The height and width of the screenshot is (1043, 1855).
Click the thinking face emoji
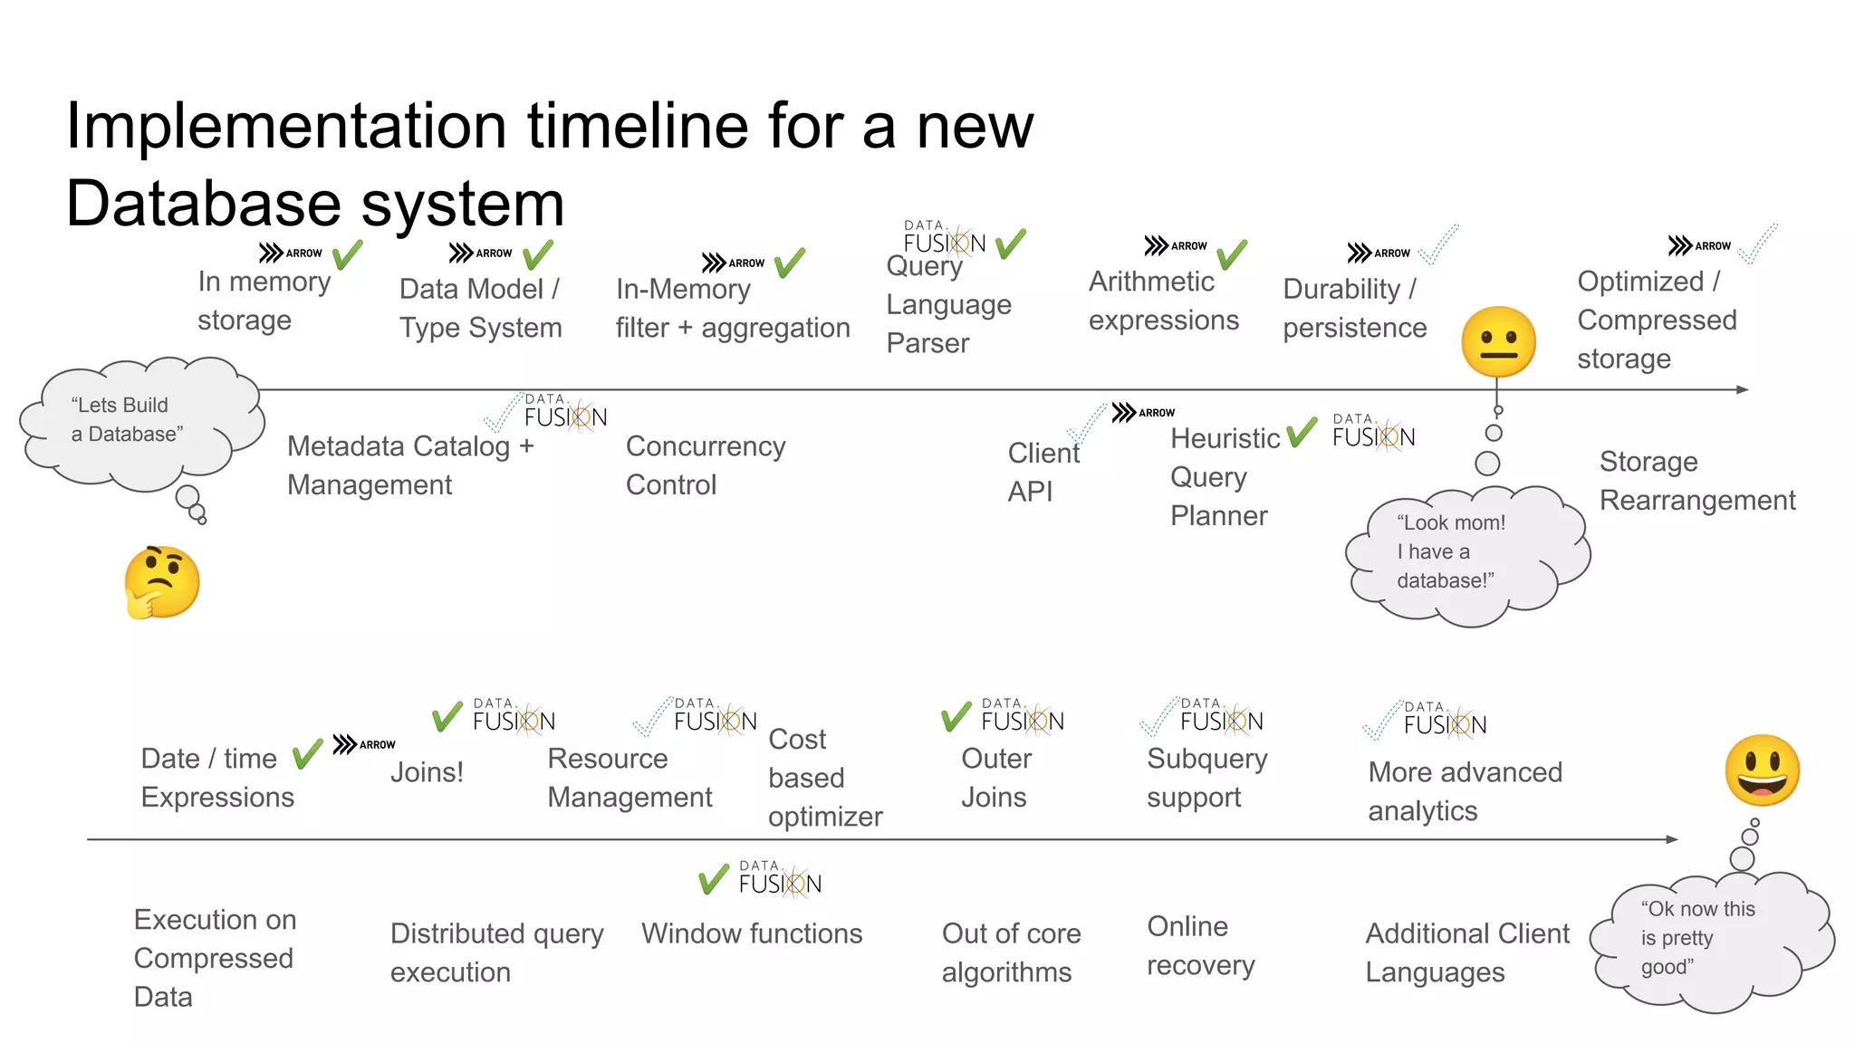click(161, 582)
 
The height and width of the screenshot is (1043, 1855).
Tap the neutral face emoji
click(1498, 342)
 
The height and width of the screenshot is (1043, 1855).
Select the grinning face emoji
click(1762, 770)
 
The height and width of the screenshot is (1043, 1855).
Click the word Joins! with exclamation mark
click(427, 772)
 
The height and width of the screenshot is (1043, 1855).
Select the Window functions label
click(752, 933)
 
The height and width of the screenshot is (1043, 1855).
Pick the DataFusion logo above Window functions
click(779, 879)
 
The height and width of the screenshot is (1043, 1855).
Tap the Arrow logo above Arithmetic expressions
click(1175, 245)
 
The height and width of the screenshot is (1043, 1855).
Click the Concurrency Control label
click(706, 465)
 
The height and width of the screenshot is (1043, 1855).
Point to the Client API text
click(1043, 472)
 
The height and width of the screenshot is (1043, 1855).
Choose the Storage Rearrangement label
click(1696, 481)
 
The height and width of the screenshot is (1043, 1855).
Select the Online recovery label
click(1200, 946)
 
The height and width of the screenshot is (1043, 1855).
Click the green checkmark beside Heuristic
click(1302, 432)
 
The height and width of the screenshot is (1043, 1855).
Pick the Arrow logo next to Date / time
click(363, 744)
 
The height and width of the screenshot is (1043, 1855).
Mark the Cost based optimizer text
click(824, 778)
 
